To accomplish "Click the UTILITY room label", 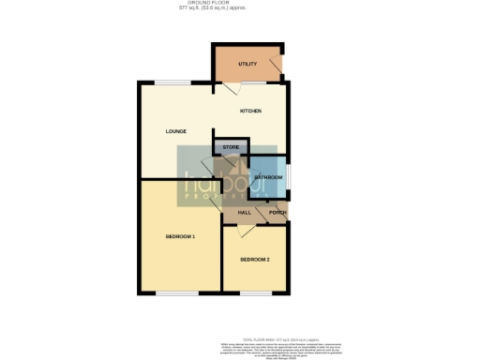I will pos(247,64).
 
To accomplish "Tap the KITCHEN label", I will pos(250,112).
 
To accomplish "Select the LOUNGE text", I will pos(175,131).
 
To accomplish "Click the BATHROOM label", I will pos(267,177).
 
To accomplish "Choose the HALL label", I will pos(244,213).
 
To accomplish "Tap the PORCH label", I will pos(277,213).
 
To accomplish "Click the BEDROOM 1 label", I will pos(180,236).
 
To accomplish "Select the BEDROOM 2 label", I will pos(254,259).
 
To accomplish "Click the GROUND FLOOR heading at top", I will pos(240,4).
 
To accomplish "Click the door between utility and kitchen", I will pos(231,88).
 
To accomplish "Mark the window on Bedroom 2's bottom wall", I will pos(254,294).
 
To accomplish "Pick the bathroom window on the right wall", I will pos(290,176).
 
